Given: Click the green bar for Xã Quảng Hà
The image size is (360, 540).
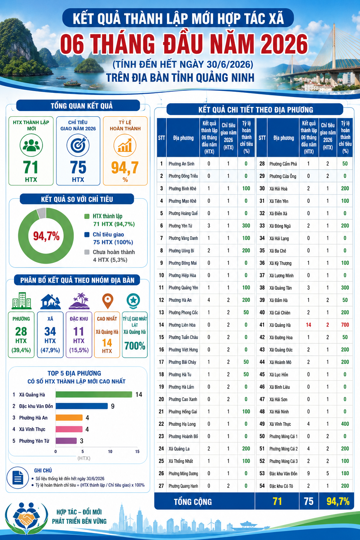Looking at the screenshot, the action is tap(94, 394).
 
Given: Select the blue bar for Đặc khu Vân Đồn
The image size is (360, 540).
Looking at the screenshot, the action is tap(82, 406).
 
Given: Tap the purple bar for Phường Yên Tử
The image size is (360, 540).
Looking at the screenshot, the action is tap(66, 441).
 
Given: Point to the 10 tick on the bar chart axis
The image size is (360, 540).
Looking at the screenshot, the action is tap(110, 451).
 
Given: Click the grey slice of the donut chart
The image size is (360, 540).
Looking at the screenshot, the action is tap(41, 213).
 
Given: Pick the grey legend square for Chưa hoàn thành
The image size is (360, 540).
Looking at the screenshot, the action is tap(87, 252).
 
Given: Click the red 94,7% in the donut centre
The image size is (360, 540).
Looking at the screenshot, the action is tap(46, 236).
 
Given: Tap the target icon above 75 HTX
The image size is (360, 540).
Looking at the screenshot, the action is tap(78, 146).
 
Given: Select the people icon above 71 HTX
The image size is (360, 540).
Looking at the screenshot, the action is tap(31, 146).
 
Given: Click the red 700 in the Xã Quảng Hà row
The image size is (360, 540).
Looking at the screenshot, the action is tap(345, 325).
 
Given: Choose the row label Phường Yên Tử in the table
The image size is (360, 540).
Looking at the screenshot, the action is tap(180, 226).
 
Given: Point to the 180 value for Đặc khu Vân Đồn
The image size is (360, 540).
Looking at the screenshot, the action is tap(345, 474).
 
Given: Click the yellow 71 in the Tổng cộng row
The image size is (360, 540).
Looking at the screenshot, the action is tap(277, 501).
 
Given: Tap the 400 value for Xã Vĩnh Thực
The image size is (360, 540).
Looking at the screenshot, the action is tap(345, 424).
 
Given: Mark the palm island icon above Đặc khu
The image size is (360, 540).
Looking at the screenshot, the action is tap(79, 301).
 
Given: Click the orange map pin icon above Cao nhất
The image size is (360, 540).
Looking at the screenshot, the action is tap(108, 301).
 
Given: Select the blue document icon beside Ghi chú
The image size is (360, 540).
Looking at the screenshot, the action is tap(18, 477).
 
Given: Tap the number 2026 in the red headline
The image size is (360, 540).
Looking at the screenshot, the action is tap(284, 44).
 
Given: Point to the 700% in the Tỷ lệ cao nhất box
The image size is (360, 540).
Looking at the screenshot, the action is tap(135, 346).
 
